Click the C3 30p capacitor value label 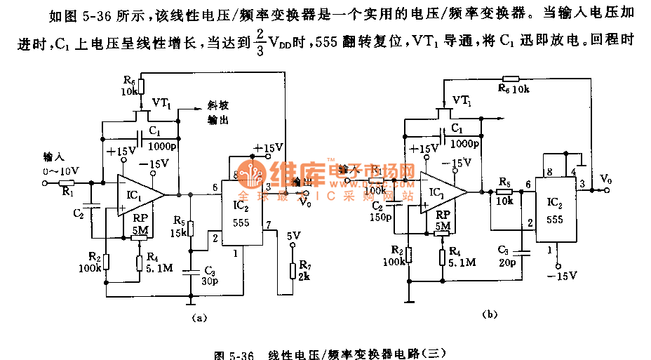(x=211, y=276)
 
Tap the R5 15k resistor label (x=180, y=227)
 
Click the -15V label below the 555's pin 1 (x=562, y=275)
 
